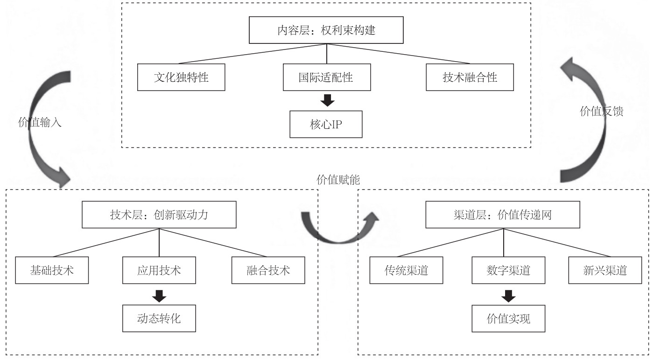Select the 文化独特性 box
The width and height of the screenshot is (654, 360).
click(x=181, y=78)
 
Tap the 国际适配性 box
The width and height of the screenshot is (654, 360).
click(x=326, y=78)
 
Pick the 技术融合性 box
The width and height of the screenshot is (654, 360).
click(x=470, y=78)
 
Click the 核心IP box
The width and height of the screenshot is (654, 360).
click(x=326, y=125)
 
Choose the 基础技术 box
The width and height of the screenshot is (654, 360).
click(x=51, y=270)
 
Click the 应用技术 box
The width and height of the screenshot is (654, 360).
click(x=160, y=270)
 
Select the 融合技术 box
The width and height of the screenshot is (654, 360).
click(x=268, y=270)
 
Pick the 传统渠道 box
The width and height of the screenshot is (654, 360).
click(x=406, y=270)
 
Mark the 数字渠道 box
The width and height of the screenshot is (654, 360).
click(x=503, y=270)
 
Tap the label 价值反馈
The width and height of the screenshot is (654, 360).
click(x=602, y=112)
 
